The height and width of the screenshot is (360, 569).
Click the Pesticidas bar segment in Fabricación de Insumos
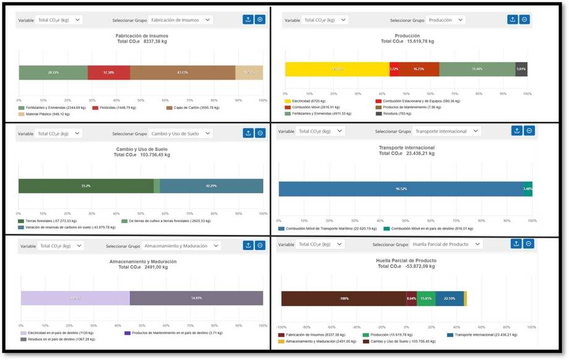[x=109, y=72]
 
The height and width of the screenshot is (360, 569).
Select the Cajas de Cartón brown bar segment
[x=182, y=72]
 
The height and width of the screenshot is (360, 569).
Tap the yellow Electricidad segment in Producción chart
[x=337, y=69]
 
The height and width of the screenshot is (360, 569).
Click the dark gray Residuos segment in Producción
[x=521, y=69]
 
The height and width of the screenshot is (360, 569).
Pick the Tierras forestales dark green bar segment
[x=86, y=186]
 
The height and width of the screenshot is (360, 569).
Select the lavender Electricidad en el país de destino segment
[x=75, y=298]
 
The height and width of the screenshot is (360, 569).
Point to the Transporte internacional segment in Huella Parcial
[x=450, y=298]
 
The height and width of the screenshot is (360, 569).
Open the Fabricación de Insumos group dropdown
[x=180, y=20]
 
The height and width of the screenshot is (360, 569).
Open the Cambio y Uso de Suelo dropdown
[x=180, y=133]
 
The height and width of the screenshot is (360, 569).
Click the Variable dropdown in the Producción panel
[x=325, y=20]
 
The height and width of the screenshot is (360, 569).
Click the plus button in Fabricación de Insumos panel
[x=260, y=20]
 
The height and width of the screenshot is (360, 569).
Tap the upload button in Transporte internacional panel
[x=516, y=131]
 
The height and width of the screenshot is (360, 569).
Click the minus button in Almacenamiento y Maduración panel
[x=260, y=246]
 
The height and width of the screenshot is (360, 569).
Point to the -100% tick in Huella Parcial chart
[x=281, y=326]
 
